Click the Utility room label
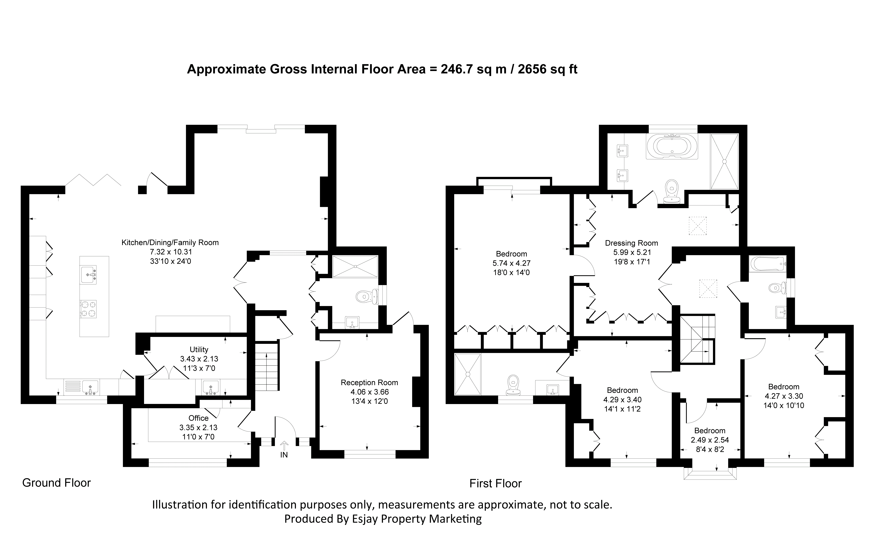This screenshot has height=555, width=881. click(199, 349)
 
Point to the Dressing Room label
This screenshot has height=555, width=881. click(631, 243)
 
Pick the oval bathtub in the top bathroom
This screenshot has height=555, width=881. click(672, 146)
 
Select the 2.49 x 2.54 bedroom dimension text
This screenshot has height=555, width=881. click(710, 440)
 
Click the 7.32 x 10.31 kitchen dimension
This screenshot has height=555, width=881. click(170, 252)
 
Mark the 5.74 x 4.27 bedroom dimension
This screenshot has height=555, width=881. click(511, 263)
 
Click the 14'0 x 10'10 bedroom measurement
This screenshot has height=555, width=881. click(784, 405)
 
